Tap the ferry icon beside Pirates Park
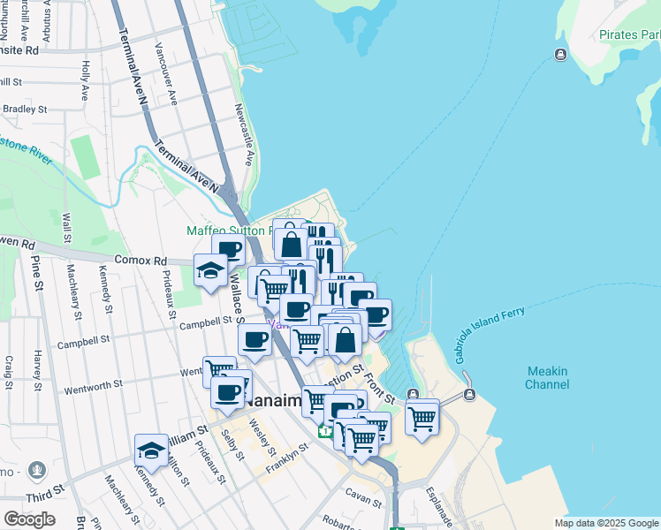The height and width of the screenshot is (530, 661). tap(560, 56)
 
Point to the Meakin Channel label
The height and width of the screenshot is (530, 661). tap(547, 378)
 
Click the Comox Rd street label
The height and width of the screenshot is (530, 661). tap(141, 261)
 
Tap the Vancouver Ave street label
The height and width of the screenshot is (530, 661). tap(166, 74)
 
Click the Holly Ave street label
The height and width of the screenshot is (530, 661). tap(85, 79)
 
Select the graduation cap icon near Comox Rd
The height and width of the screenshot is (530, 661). tap(211, 270)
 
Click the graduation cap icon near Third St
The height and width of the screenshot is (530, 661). tap(152, 450)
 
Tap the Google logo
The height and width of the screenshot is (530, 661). tap(29, 519)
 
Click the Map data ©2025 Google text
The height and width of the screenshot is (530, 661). tap(606, 523)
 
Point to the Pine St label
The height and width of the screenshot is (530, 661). tap(37, 273)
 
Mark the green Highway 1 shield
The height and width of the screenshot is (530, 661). tap(325, 432)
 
